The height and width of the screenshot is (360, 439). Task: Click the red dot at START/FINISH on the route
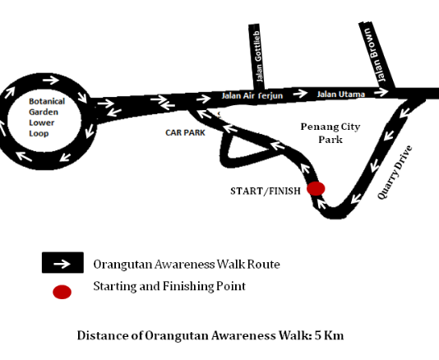tap(316, 188)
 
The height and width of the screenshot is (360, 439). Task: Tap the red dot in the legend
tap(62, 292)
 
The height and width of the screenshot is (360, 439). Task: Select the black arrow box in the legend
tap(62, 262)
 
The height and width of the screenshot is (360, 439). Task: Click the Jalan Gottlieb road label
tap(259, 56)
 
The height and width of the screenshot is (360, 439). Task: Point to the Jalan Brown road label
tap(376, 54)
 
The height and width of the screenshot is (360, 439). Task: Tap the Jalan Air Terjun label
tap(252, 95)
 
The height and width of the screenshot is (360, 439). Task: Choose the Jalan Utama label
tap(340, 95)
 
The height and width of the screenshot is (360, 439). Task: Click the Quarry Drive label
tap(395, 172)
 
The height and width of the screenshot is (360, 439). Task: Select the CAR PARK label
tap(185, 132)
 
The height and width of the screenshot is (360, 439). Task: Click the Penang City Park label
tap(330, 133)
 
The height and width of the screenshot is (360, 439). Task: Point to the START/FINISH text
tap(266, 192)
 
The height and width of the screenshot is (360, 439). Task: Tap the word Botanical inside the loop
tap(47, 101)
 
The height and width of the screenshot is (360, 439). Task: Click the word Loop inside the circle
tap(39, 133)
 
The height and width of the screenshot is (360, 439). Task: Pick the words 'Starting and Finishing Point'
tap(169, 286)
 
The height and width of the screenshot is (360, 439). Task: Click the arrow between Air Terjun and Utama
tap(300, 93)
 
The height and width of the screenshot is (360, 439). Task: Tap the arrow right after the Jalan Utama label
tap(381, 91)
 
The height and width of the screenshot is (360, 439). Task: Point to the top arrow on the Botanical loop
tap(51, 80)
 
